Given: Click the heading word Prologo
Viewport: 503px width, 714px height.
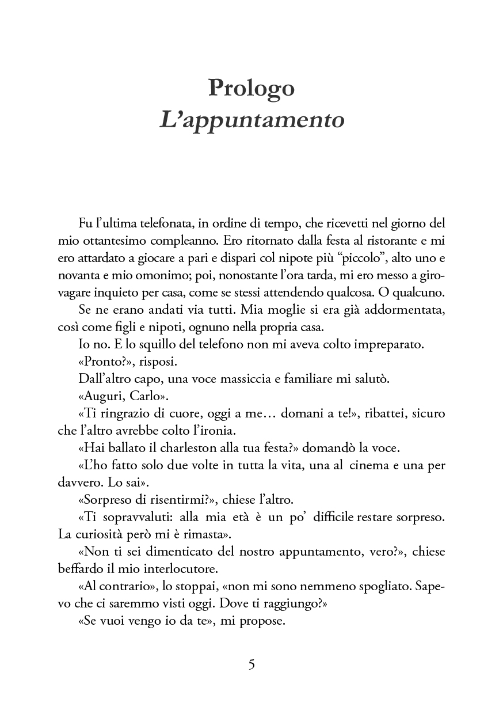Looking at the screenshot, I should pos(251,88).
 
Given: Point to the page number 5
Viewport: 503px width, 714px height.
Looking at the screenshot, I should pos(251,664).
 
